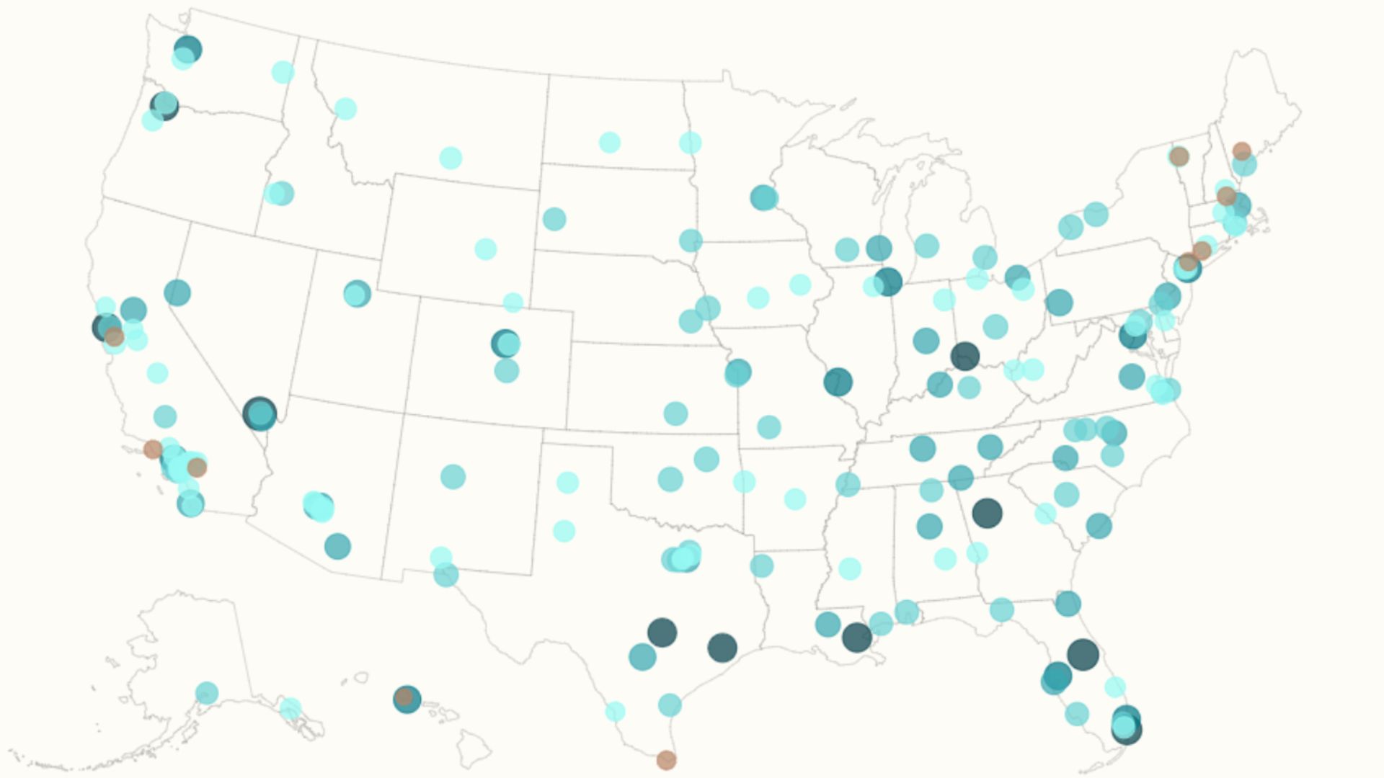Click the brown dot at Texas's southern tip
[666, 759]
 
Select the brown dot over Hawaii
[404, 697]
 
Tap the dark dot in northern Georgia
[987, 513]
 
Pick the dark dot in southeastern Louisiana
[856, 638]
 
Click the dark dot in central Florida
[1083, 654]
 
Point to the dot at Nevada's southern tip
[259, 413]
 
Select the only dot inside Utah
[356, 293]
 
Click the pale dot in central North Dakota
[610, 142]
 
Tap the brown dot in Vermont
[1179, 156]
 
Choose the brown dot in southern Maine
[1241, 151]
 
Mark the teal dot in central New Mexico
[453, 476]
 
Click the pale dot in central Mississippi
[850, 568]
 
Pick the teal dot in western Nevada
[177, 292]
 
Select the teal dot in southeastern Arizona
[337, 546]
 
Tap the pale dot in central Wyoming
[486, 249]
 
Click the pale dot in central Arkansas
[794, 498]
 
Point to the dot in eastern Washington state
[283, 72]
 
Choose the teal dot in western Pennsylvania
[1059, 302]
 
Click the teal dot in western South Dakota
[554, 219]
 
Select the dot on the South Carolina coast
[1099, 526]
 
